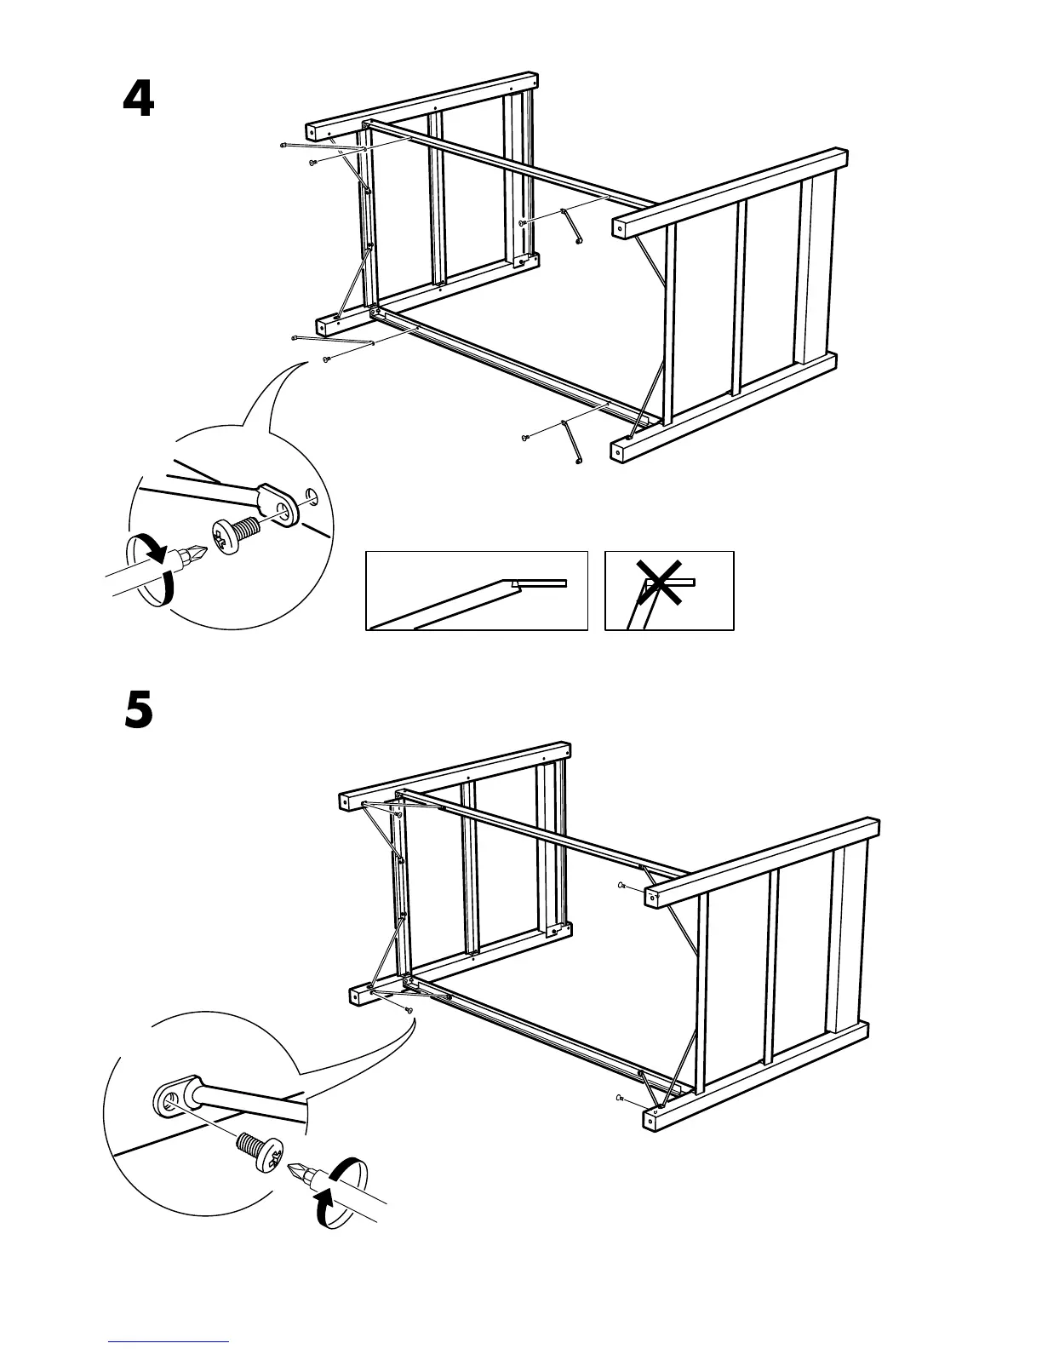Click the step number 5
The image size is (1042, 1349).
[139, 710]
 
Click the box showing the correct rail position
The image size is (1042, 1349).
[477, 590]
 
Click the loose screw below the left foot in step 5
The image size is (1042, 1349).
[409, 1010]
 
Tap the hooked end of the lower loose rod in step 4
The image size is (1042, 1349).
[578, 462]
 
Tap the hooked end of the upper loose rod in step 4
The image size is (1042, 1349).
[578, 239]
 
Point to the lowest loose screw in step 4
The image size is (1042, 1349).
[525, 438]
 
